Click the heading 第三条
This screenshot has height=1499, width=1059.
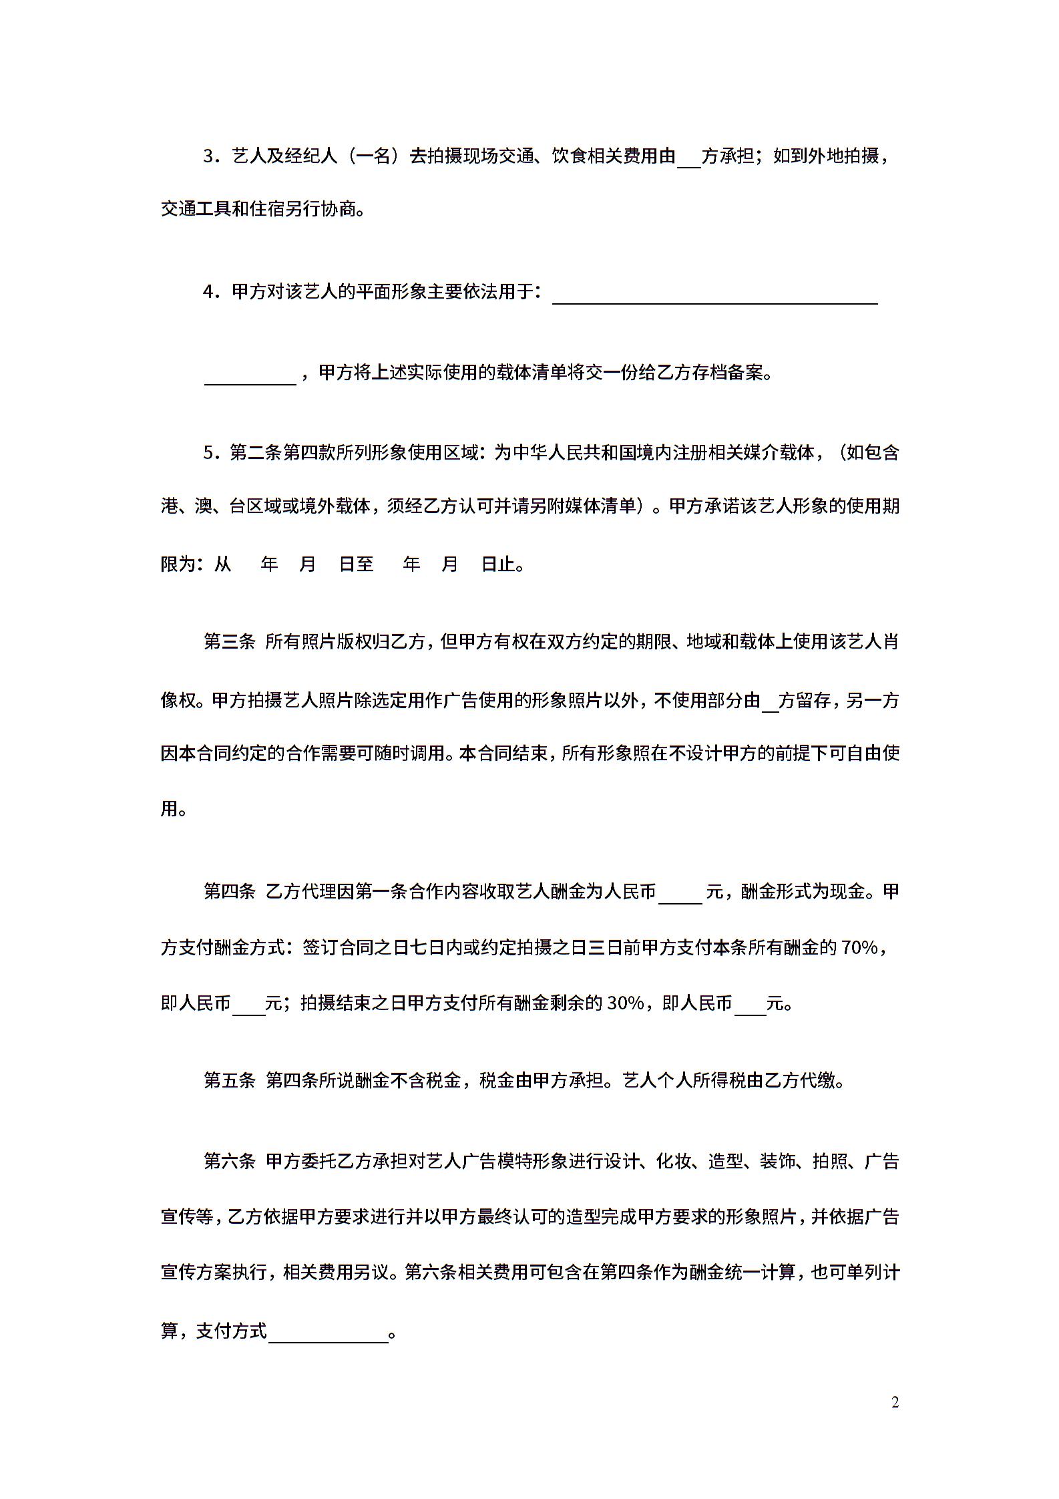click(229, 642)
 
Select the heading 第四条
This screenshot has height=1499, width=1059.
click(229, 891)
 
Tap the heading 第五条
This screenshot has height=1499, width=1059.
click(229, 1081)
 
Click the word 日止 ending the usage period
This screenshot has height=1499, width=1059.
click(498, 564)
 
